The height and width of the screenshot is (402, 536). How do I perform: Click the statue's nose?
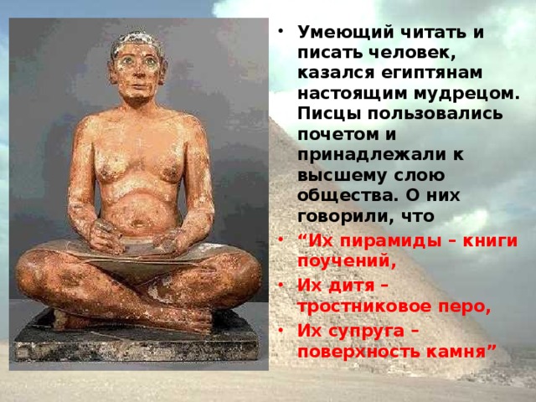pos(137,75)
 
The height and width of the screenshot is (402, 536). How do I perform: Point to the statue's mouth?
pos(137,89)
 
